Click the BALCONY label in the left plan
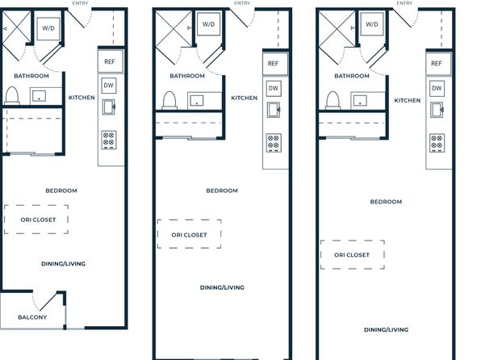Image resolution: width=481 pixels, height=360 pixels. [x=32, y=317]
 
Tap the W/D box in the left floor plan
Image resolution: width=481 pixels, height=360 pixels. [x=48, y=28]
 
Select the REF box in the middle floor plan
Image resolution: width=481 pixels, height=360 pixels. [x=275, y=64]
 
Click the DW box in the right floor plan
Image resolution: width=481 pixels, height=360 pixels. [x=437, y=89]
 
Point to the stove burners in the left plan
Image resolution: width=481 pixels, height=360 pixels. [x=109, y=140]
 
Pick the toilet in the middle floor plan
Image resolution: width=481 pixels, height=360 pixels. [x=169, y=100]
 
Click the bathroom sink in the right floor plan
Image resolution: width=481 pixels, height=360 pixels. [x=360, y=100]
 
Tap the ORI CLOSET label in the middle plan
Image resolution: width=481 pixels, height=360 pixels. [x=189, y=235]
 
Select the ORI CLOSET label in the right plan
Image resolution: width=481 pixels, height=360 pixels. [x=352, y=255]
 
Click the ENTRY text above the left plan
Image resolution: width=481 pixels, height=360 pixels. [x=80, y=3]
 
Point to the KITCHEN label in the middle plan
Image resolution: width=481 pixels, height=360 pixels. [x=245, y=98]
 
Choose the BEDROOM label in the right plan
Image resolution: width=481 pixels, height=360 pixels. [x=386, y=202]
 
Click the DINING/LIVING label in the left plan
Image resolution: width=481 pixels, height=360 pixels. [x=63, y=264]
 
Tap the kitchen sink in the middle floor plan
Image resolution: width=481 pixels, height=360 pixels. [x=274, y=110]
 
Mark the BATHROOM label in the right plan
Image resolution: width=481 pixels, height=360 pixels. [x=352, y=76]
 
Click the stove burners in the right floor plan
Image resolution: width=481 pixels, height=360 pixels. [x=437, y=143]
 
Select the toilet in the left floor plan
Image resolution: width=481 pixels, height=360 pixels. [x=12, y=96]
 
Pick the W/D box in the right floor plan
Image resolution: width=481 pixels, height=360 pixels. [x=372, y=24]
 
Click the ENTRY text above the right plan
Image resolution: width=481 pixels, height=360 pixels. [x=404, y=3]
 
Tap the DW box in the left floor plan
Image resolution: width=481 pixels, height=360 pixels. [x=108, y=86]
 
